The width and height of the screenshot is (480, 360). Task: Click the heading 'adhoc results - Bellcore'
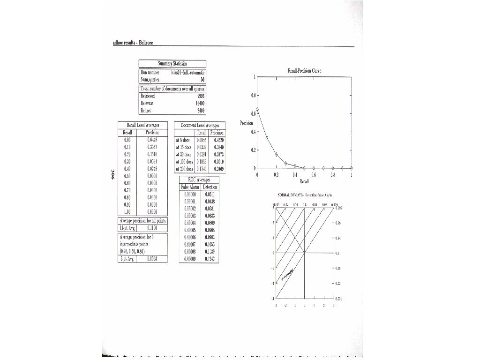133,43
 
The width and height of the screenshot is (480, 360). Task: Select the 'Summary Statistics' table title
172,64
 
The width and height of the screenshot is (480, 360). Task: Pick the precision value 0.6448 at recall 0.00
152,140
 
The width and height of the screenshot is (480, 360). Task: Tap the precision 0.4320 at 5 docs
218,140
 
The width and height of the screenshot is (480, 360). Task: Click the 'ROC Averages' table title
199,180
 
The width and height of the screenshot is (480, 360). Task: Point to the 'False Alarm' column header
190,187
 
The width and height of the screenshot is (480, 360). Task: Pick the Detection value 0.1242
210,258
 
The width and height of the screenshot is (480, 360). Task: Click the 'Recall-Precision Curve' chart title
304,71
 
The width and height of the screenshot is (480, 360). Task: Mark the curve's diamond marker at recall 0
257,109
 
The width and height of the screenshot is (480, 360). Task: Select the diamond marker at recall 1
352,168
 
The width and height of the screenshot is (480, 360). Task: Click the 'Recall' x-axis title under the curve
304,181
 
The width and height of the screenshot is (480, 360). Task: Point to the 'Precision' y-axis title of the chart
246,123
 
